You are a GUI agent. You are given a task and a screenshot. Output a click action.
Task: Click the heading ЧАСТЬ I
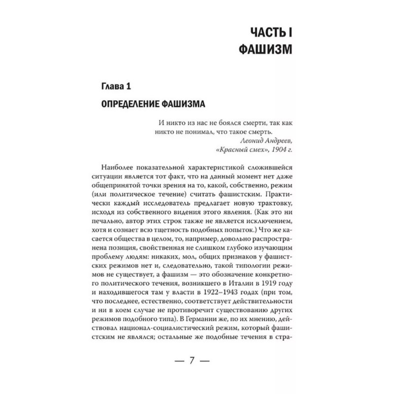pyautogui.click(x=277, y=33)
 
